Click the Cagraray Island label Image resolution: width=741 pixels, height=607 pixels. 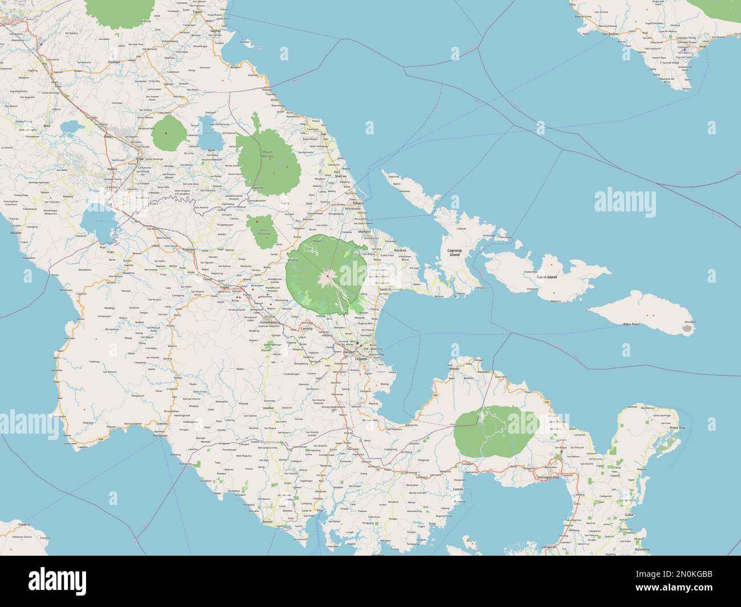pos(454,252)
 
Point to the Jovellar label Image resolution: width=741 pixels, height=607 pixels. pos(268,408)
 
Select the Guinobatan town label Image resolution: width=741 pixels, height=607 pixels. pos(268,323)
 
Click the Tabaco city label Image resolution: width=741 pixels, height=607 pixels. pos(358,203)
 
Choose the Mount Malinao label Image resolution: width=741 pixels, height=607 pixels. pos(267,154)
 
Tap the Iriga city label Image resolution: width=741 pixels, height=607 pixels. pos(139,159)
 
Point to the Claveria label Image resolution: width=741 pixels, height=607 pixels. pos(23,524)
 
